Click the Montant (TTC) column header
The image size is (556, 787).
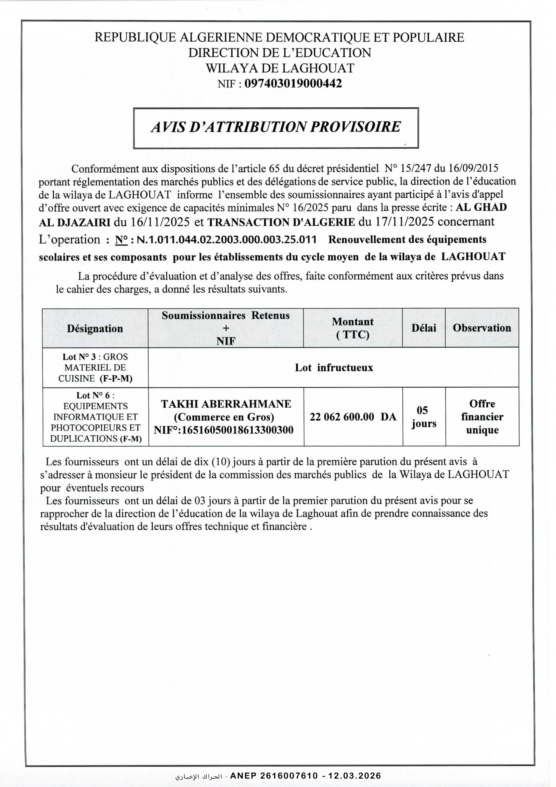coord(352,328)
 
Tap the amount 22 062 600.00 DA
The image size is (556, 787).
coord(353,417)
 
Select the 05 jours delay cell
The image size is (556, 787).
coord(424,417)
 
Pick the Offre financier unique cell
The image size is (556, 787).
coord(482,417)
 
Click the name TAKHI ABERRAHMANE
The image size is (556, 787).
coord(226,404)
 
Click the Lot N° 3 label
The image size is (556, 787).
coord(79,357)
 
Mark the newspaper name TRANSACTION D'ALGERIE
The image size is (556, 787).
coord(281,222)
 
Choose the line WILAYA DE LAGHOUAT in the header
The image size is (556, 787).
coord(280,68)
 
